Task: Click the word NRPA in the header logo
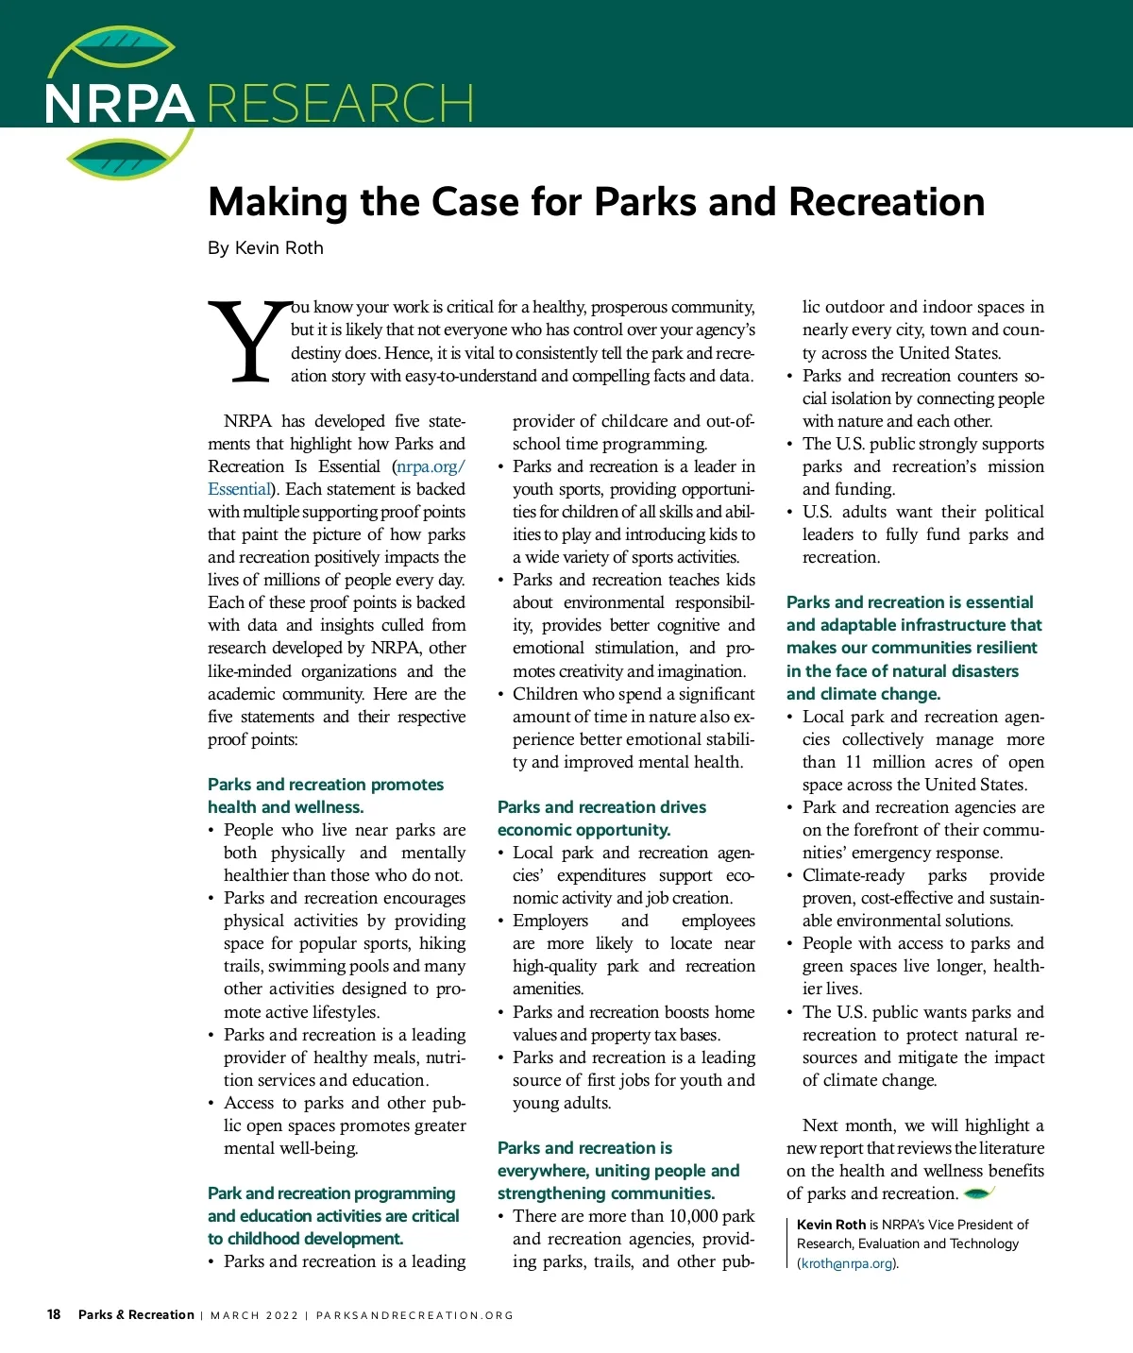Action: pyautogui.click(x=119, y=104)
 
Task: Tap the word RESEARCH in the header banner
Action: pyautogui.click(x=340, y=104)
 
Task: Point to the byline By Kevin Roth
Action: pyautogui.click(x=265, y=248)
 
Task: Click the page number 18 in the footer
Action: pyautogui.click(x=54, y=1314)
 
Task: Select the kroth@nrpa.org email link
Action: pyautogui.click(x=848, y=1263)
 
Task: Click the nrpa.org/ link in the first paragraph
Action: pyautogui.click(x=431, y=466)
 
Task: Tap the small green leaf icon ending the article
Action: pyautogui.click(x=979, y=1193)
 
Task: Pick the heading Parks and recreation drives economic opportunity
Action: pyautogui.click(x=601, y=819)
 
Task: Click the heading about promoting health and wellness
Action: pyautogui.click(x=326, y=796)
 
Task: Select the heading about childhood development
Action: pyautogui.click(x=333, y=1216)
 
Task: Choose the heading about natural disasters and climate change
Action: pyautogui.click(x=913, y=648)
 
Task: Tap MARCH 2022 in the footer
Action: pyautogui.click(x=254, y=1315)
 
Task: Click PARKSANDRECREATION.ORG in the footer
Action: pyautogui.click(x=414, y=1315)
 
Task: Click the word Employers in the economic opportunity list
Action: pyautogui.click(x=550, y=921)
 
